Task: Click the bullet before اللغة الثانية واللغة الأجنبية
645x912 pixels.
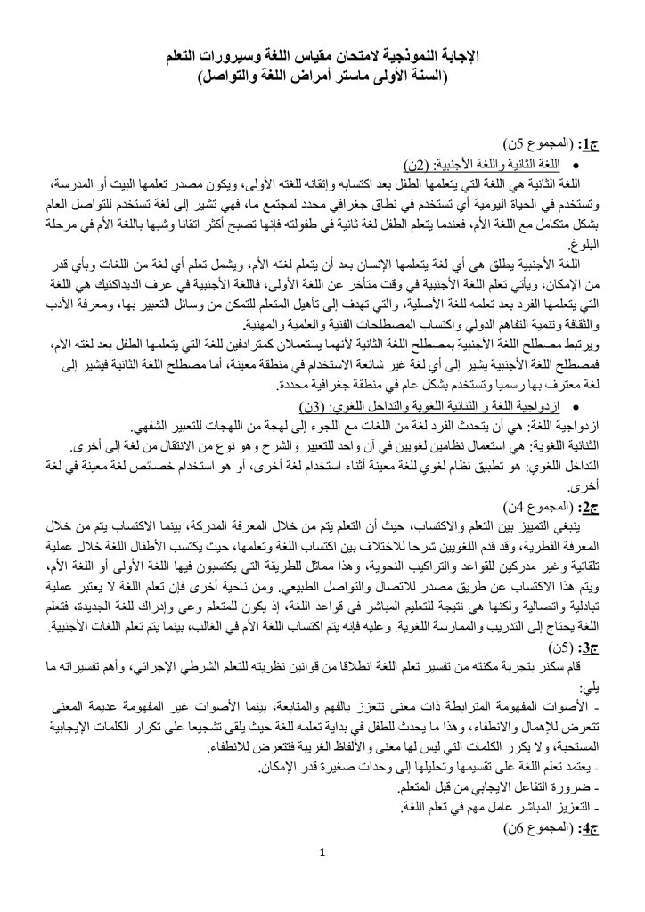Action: pos(578,164)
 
